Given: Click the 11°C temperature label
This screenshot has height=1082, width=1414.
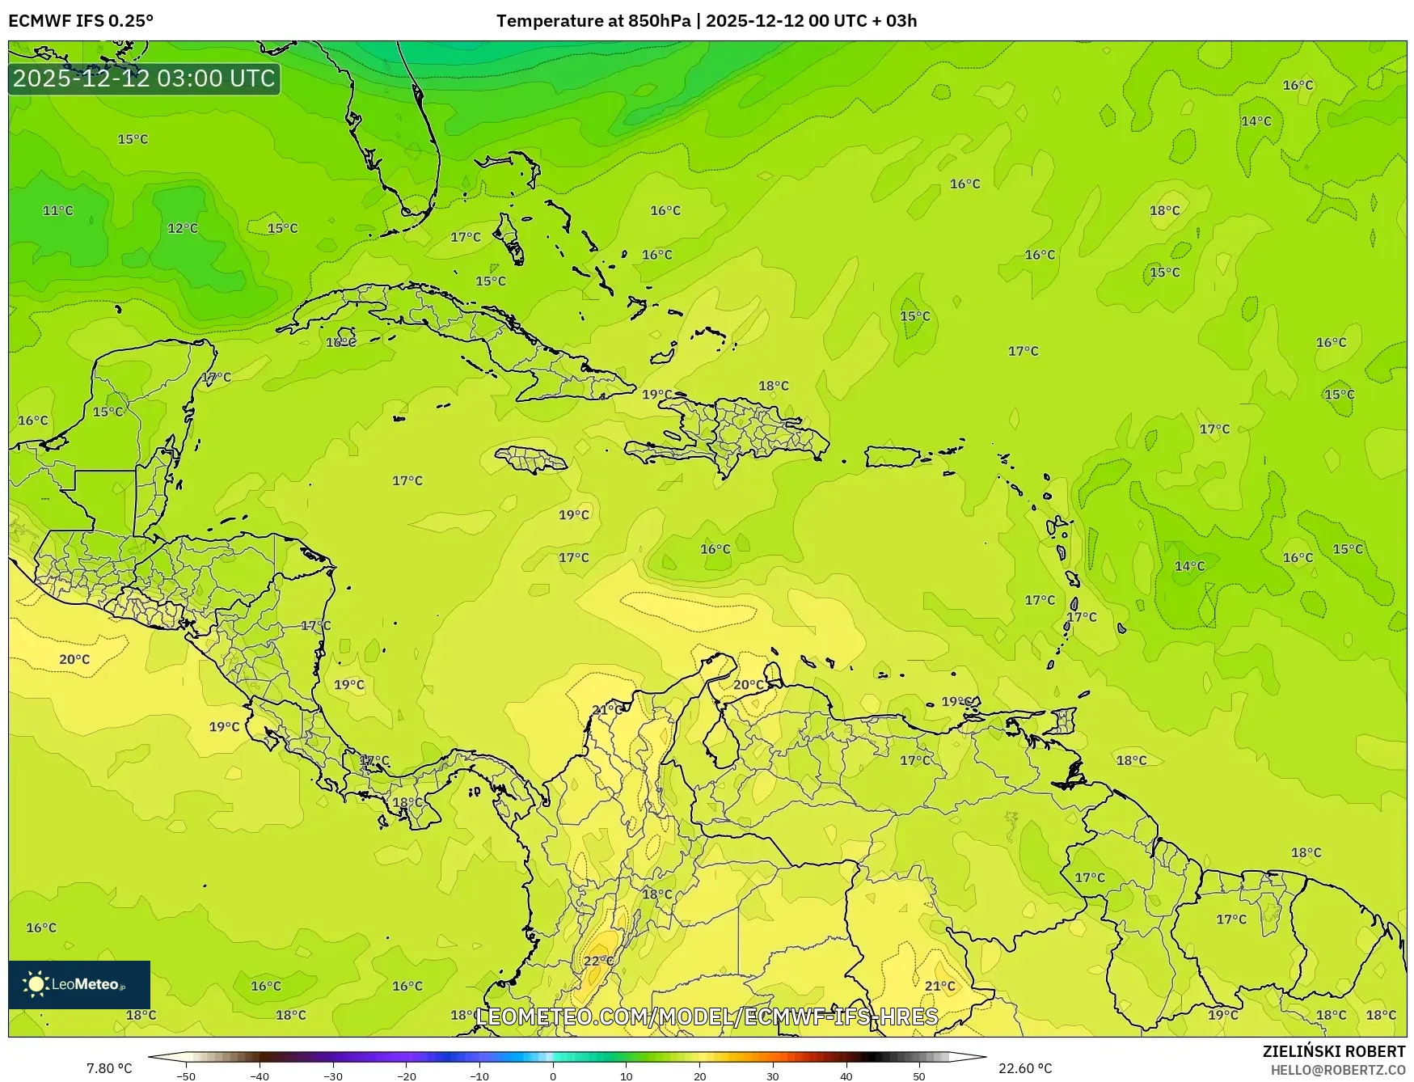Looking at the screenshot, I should click(57, 210).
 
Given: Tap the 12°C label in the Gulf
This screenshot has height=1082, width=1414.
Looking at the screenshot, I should click(182, 228).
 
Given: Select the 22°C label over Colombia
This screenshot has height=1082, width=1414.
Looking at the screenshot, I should click(598, 961).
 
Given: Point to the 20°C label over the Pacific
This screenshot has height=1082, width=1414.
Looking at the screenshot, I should click(74, 659).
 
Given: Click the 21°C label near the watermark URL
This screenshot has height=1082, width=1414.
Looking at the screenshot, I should click(939, 986).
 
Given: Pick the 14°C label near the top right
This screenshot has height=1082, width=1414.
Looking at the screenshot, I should click(1256, 121).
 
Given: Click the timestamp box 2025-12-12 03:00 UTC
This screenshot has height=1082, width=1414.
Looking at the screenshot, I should click(144, 78).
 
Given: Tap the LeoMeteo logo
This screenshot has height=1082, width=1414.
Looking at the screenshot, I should click(78, 984).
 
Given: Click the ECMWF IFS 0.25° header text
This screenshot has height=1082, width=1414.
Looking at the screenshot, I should click(81, 21).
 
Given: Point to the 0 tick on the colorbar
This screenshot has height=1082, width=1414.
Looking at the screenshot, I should click(553, 1076).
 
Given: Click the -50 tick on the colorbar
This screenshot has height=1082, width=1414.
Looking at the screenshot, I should click(186, 1076).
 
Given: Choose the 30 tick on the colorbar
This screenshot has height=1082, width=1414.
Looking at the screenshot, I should click(773, 1076).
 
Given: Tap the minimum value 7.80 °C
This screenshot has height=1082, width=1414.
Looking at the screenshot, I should click(109, 1068).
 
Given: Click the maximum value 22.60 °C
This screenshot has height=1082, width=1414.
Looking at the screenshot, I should click(1024, 1068).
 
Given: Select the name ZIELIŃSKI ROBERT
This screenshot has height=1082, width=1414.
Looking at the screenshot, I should click(1333, 1051).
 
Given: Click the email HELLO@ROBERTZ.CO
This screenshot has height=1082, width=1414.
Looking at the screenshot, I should click(1337, 1070).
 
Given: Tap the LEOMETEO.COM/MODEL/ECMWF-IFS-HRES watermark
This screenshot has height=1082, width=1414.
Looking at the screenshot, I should click(707, 1016).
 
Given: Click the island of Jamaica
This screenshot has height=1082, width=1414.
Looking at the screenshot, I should click(530, 460).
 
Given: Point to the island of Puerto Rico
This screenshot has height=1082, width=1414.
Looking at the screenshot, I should click(893, 457).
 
